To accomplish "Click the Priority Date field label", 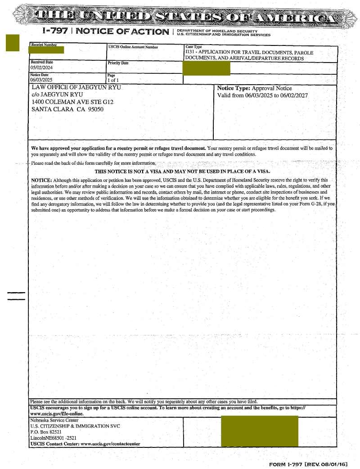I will pos(118,63).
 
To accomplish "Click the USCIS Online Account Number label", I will pos(133,47).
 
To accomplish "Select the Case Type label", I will pos(193,47).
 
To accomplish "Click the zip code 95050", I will pos(95,109).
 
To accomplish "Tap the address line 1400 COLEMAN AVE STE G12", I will pos(72,102).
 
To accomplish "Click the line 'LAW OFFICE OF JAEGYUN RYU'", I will pos(76,88).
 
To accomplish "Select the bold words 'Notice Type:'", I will pos(234,88).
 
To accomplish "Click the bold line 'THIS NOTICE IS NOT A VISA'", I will pos(182,171).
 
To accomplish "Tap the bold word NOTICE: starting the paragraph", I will pos(41,180).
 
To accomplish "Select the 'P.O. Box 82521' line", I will pos(46,432).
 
